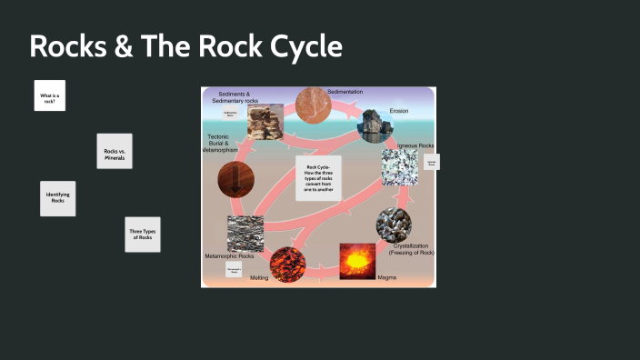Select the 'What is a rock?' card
pos(49,95)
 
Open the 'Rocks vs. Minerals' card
pos(115,151)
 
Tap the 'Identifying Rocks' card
pos(57,198)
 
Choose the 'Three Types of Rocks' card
pos(142,235)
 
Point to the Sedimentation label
pos(345,93)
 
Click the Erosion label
pos(399,111)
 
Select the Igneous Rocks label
pos(415,145)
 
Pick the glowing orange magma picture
pos(357,261)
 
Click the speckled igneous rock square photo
pos(399,169)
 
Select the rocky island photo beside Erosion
pos(374,126)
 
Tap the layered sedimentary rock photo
pos(265,121)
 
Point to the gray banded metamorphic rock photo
pos(245,234)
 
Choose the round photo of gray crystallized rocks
pos(394,225)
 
